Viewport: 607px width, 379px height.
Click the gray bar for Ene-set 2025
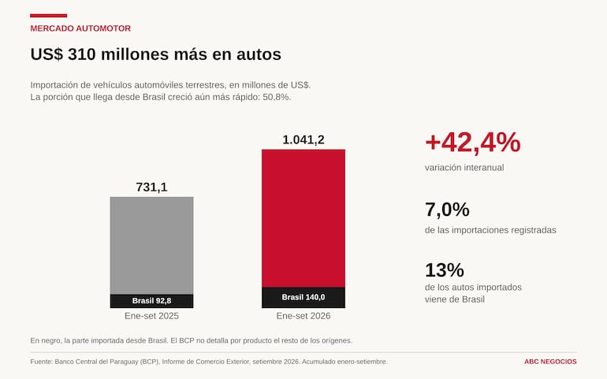point(151,245)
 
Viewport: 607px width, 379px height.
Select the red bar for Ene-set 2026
point(303,218)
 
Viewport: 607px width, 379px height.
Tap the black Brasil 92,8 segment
point(151,301)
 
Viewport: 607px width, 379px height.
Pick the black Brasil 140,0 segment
point(303,297)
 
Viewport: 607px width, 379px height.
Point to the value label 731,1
point(151,187)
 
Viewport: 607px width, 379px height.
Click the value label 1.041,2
point(303,139)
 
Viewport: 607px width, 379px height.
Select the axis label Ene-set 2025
point(151,316)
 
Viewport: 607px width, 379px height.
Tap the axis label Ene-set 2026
point(303,316)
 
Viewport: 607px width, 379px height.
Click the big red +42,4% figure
point(473,143)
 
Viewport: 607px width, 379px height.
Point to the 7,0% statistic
point(447,210)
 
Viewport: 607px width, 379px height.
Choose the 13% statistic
point(445,269)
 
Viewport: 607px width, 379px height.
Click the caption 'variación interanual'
point(464,168)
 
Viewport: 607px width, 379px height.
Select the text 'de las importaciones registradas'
point(490,230)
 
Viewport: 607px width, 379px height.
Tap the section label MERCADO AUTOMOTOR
point(80,28)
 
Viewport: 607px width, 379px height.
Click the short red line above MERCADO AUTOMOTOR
point(48,16)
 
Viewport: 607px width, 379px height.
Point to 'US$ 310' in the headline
point(63,54)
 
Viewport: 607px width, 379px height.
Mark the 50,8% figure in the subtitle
point(277,97)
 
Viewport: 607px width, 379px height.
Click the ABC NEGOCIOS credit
point(550,362)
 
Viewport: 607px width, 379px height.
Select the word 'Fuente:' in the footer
point(42,362)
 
